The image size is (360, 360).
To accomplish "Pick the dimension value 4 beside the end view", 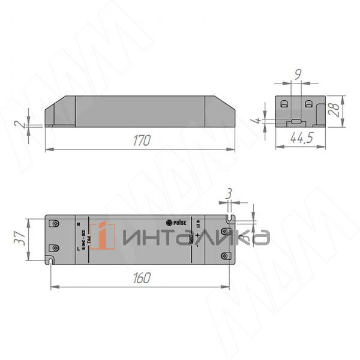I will (x=259, y=121).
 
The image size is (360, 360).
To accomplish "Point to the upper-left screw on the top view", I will (x=56, y=223).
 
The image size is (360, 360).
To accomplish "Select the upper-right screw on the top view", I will (x=225, y=231).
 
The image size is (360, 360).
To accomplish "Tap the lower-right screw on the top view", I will (x=225, y=256).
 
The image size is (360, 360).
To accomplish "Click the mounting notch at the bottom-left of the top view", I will (x=51, y=261).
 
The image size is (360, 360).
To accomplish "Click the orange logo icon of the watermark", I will (x=106, y=236).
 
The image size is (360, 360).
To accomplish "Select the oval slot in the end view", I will (x=295, y=122).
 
